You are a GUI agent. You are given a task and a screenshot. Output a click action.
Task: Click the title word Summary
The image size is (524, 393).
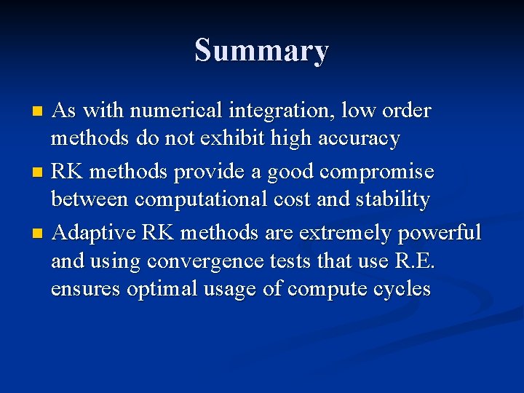(261, 51)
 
